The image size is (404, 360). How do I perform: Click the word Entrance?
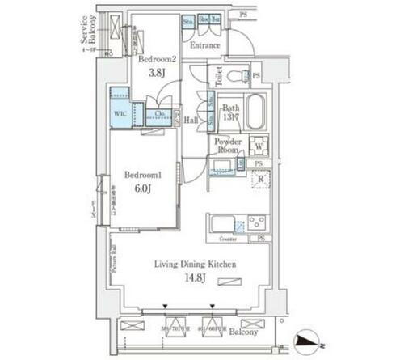(204, 46)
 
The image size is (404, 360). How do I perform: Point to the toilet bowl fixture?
(235, 77)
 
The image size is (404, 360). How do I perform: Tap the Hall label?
(191, 120)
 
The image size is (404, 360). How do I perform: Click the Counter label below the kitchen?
(227, 239)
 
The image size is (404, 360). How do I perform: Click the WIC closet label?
(119, 113)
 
